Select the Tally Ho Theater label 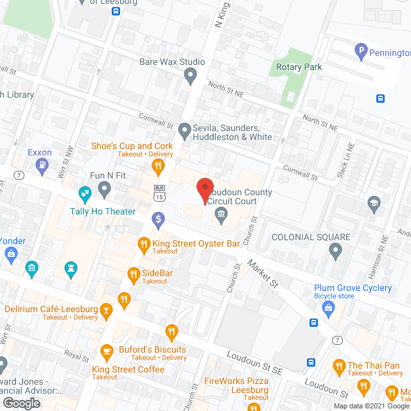[103, 211]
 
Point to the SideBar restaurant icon [134, 274]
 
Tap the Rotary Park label [299, 67]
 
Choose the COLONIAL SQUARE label [311, 237]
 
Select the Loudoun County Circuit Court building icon [221, 214]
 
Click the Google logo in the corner [21, 403]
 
